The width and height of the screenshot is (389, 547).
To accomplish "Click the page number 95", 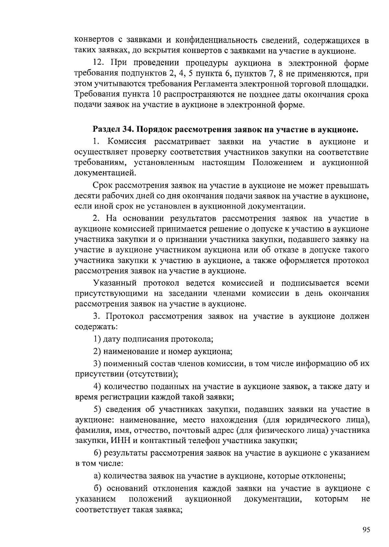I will pyautogui.click(x=366, y=530).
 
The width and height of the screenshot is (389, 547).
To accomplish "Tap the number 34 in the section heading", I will pyautogui.click(x=127, y=130).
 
